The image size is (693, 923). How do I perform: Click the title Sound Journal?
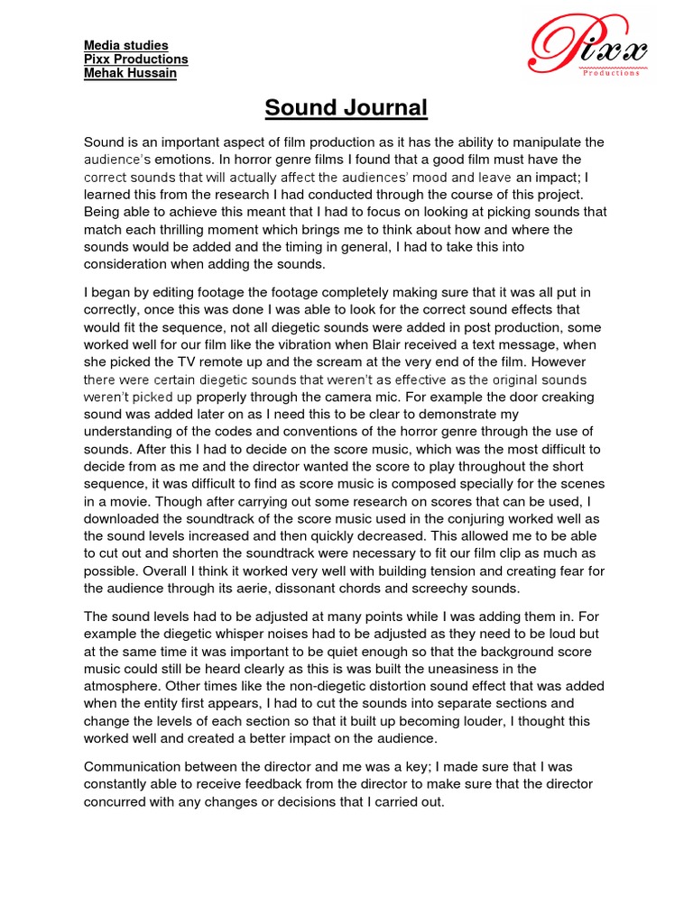(x=346, y=109)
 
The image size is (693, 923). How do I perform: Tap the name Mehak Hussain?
(x=130, y=73)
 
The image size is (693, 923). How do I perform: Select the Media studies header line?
(x=125, y=45)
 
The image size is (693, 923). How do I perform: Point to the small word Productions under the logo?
(x=611, y=73)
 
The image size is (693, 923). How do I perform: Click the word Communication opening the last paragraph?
(x=134, y=766)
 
